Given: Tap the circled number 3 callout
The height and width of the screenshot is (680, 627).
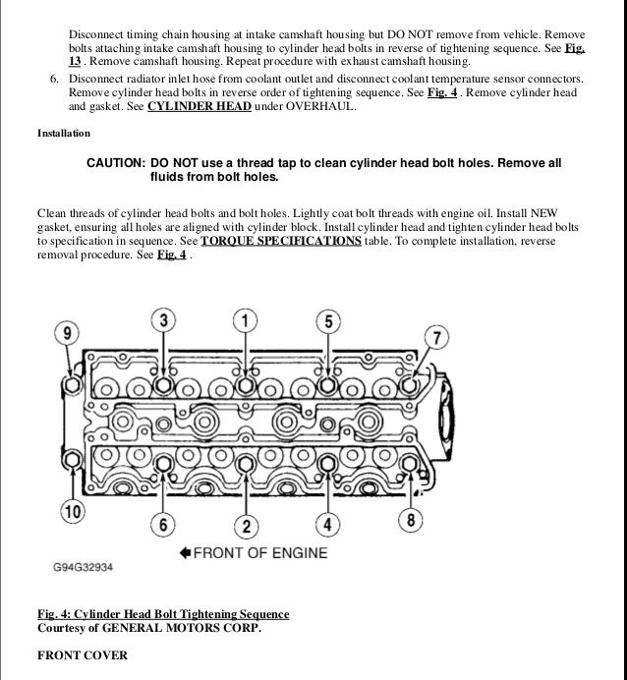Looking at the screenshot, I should [x=164, y=320].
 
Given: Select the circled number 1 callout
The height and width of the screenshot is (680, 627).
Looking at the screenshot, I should [x=246, y=320].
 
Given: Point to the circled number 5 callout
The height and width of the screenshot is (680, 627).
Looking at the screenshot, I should [x=329, y=320].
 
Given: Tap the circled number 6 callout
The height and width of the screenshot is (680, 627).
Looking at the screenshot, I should [x=164, y=525].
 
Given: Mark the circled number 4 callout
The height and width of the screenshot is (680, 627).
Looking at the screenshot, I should [x=329, y=525].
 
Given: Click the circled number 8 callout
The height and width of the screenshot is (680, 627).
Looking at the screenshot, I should [x=413, y=520].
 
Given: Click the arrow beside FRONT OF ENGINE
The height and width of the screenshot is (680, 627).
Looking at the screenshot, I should [x=185, y=552].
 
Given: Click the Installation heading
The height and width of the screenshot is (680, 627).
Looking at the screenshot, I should [x=64, y=133].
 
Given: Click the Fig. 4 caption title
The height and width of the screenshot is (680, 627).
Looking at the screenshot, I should [x=163, y=614].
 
